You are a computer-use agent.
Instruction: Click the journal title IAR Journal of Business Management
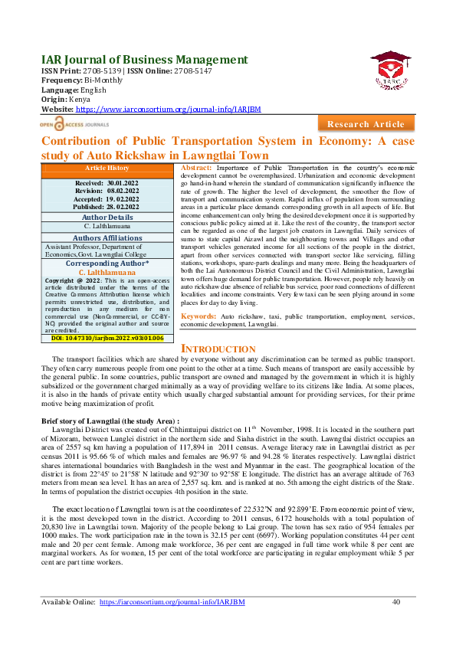click(x=131, y=60)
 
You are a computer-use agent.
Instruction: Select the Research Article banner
click(x=366, y=124)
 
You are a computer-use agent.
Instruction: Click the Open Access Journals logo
click(x=74, y=123)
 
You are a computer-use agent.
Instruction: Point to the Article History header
click(x=107, y=168)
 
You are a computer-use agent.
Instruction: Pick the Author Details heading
click(x=107, y=218)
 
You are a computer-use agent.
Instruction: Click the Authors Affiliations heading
click(x=107, y=238)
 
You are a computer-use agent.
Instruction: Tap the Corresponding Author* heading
click(x=107, y=263)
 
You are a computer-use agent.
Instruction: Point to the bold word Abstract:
click(x=198, y=167)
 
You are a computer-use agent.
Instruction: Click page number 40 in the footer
click(x=395, y=602)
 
